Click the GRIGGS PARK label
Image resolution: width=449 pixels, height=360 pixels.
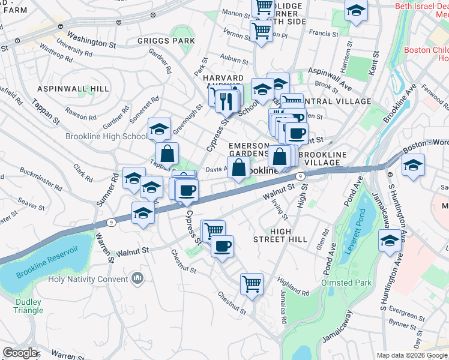pyautogui.click(x=166, y=41)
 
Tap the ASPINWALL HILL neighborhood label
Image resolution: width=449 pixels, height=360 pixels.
pyautogui.click(x=73, y=89)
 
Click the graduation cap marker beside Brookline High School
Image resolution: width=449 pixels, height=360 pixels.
pyautogui.click(x=159, y=129)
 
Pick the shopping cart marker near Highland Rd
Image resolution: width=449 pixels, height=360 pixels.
pyautogui.click(x=252, y=284)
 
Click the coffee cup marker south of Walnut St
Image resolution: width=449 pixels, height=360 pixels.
pyautogui.click(x=222, y=246)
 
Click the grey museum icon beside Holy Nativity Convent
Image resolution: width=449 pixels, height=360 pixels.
pyautogui.click(x=137, y=278)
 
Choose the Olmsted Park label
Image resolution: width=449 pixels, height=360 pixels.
pyautogui.click(x=347, y=283)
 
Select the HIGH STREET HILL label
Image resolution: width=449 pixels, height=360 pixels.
pyautogui.click(x=289, y=235)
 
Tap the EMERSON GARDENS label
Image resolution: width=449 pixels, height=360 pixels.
pyautogui.click(x=248, y=149)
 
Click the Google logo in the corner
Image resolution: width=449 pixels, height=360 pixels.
pyautogui.click(x=20, y=352)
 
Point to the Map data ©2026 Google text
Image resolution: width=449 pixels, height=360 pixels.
pyautogui.click(x=411, y=355)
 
